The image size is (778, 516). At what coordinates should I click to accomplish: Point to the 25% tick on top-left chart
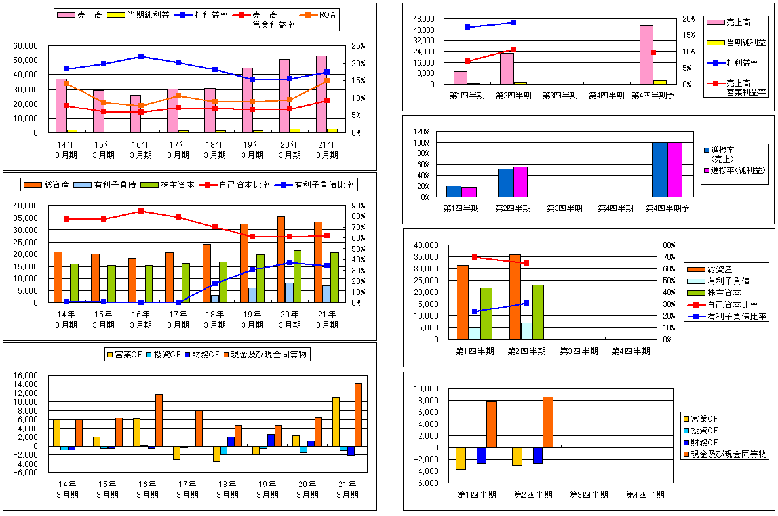pos(359,46)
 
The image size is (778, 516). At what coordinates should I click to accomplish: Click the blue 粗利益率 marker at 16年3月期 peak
pos(141,56)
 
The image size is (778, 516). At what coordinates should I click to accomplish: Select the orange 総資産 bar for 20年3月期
pos(281,260)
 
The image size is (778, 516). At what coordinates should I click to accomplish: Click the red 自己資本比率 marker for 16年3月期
pos(141,211)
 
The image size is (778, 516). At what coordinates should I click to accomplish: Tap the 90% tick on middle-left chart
pos(358,206)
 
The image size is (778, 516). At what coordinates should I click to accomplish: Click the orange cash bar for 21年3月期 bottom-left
pos(358,414)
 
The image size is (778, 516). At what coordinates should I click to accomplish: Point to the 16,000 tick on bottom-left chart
pos(28,375)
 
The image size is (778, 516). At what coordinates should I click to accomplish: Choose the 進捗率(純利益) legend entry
pos(735,170)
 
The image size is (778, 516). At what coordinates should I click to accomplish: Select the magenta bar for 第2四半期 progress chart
pos(520,182)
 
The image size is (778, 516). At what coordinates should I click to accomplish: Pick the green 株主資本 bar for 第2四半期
pos(538,312)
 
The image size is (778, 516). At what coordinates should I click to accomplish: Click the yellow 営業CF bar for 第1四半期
pos(461,458)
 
